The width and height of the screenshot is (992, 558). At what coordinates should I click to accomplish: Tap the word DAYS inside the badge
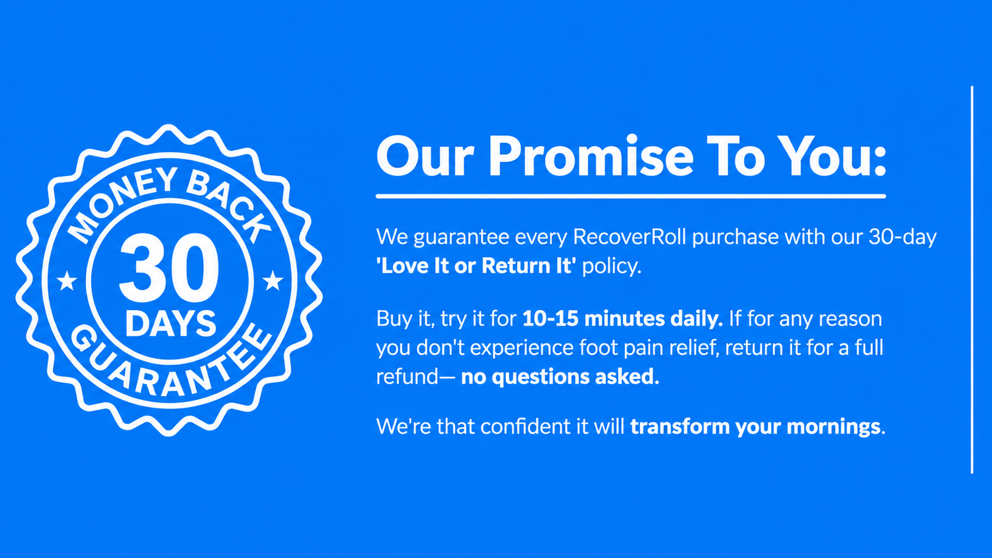click(171, 323)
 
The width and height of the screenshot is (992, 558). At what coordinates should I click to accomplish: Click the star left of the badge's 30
click(67, 281)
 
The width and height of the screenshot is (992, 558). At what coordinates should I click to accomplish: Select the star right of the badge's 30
click(272, 281)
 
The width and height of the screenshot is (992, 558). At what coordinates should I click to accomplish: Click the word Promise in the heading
click(591, 156)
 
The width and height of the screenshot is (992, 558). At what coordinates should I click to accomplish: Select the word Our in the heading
click(425, 156)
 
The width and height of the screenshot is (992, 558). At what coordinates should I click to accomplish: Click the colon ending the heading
click(878, 157)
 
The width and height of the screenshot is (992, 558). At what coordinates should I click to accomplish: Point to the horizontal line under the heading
click(631, 196)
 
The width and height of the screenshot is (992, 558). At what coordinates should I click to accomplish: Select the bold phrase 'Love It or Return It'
click(476, 266)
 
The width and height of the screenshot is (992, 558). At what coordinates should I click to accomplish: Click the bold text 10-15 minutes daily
click(622, 319)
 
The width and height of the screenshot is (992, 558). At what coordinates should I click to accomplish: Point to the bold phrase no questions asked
click(559, 377)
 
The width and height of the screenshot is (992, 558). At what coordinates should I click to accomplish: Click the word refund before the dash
click(401, 377)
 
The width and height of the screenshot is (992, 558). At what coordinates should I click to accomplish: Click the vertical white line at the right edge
click(972, 280)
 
